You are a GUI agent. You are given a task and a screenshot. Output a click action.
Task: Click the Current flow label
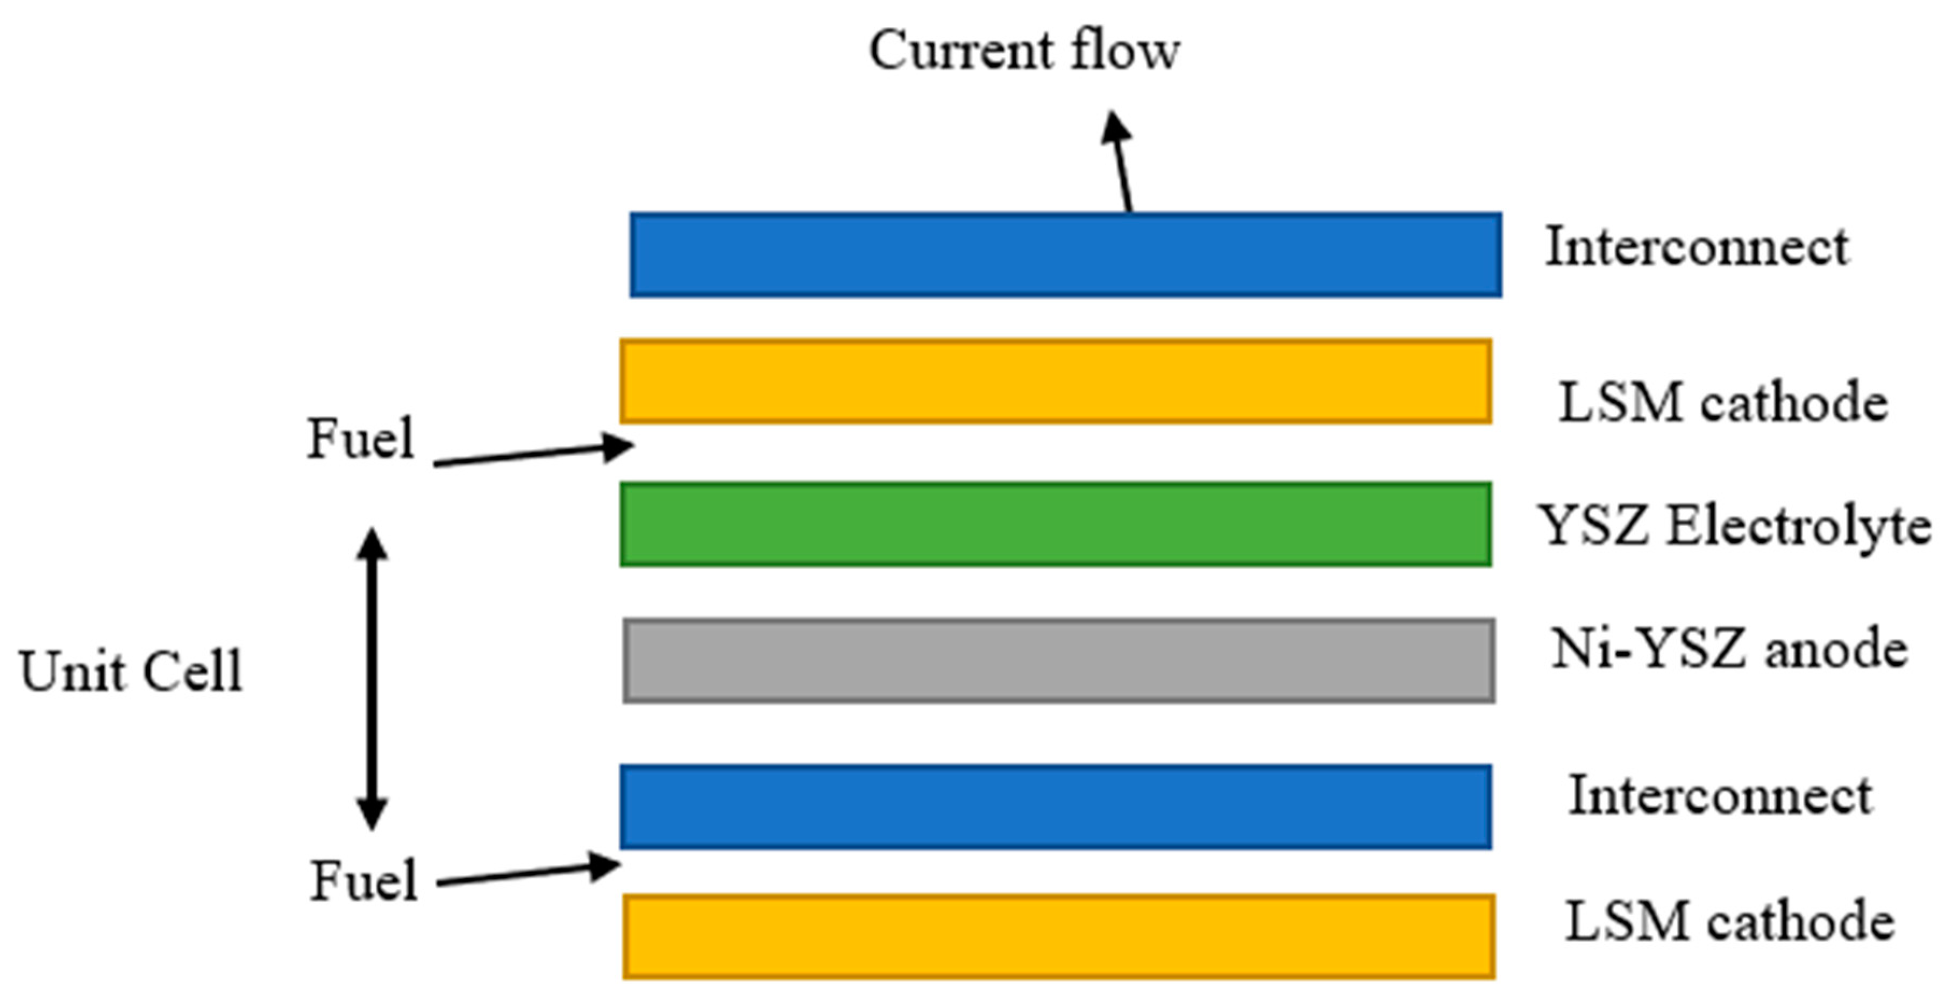pyautogui.click(x=1024, y=51)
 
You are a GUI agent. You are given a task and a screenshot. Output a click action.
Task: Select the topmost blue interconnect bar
pyautogui.click(x=1065, y=254)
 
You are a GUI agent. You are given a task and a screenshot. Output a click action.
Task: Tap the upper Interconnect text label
pyautogui.click(x=1697, y=247)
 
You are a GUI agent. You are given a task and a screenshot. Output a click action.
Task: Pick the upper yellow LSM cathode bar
pyautogui.click(x=1056, y=381)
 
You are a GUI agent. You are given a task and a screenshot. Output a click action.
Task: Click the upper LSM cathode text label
pyautogui.click(x=1723, y=402)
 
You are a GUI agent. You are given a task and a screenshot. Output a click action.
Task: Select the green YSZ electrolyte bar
pyautogui.click(x=1056, y=524)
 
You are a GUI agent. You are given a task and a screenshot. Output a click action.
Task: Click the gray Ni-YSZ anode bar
pyautogui.click(x=1059, y=661)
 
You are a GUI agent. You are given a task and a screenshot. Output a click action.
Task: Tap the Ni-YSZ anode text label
pyautogui.click(x=1729, y=649)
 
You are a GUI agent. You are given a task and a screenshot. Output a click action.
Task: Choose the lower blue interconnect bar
pyautogui.click(x=1056, y=807)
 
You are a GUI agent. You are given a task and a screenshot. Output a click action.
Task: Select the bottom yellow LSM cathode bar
pyautogui.click(x=1059, y=937)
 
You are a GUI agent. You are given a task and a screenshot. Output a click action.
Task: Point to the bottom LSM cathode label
pyautogui.click(x=1729, y=922)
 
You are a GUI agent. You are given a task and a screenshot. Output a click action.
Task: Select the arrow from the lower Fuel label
pyautogui.click(x=529, y=873)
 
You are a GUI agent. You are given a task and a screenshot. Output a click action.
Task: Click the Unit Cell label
pyautogui.click(x=131, y=671)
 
